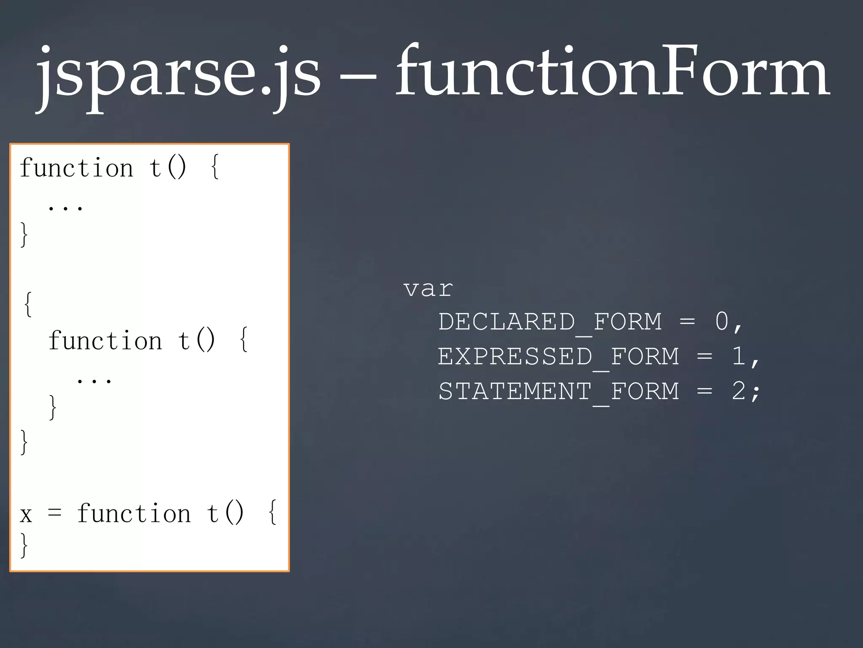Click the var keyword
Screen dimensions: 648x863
coord(428,289)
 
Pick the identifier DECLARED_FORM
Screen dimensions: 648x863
coord(549,322)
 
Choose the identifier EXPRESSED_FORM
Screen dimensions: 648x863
coord(558,357)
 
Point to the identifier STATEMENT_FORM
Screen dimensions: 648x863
coord(558,391)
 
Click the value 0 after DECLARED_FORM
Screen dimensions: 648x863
coord(721,321)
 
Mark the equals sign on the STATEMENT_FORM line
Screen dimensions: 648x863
coord(704,391)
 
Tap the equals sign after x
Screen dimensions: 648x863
coord(55,513)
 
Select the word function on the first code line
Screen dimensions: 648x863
coord(76,167)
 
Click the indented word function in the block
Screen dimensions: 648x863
coord(105,340)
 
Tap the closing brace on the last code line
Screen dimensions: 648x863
coord(24,545)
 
